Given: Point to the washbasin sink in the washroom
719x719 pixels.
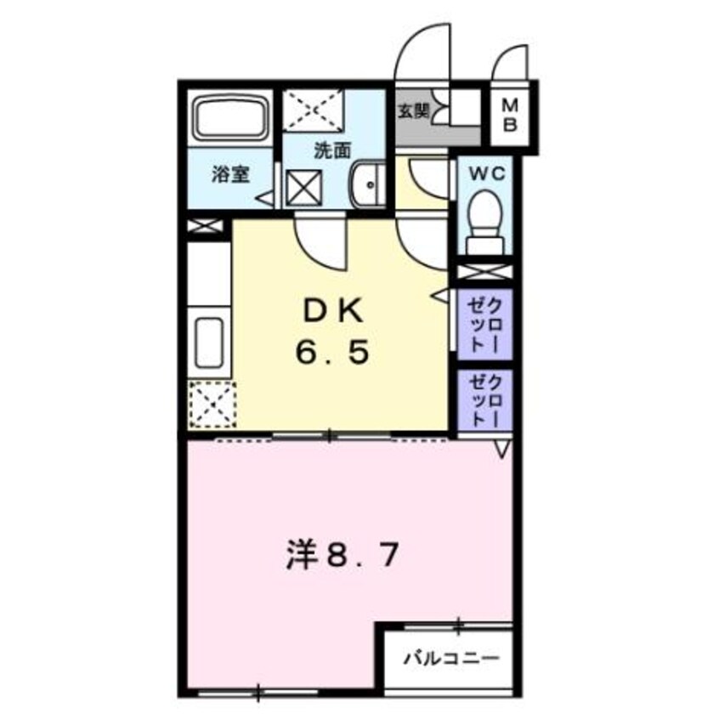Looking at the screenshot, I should point(367,181).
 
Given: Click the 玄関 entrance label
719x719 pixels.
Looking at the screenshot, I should point(414,110).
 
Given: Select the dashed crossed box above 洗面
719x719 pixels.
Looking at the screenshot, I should point(310,110).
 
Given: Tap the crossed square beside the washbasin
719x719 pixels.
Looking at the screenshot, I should point(303,187).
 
